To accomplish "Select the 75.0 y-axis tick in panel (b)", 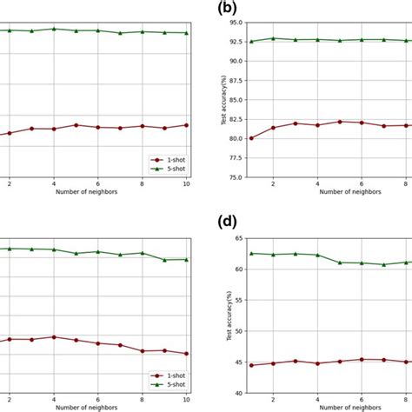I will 234,177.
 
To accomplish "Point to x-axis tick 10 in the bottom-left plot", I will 186,399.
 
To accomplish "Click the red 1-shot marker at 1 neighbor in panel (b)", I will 251,138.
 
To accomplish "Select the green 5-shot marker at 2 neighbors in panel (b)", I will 273,38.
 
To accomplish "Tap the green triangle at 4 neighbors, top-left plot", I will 54,29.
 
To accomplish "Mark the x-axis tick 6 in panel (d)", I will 361,399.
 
